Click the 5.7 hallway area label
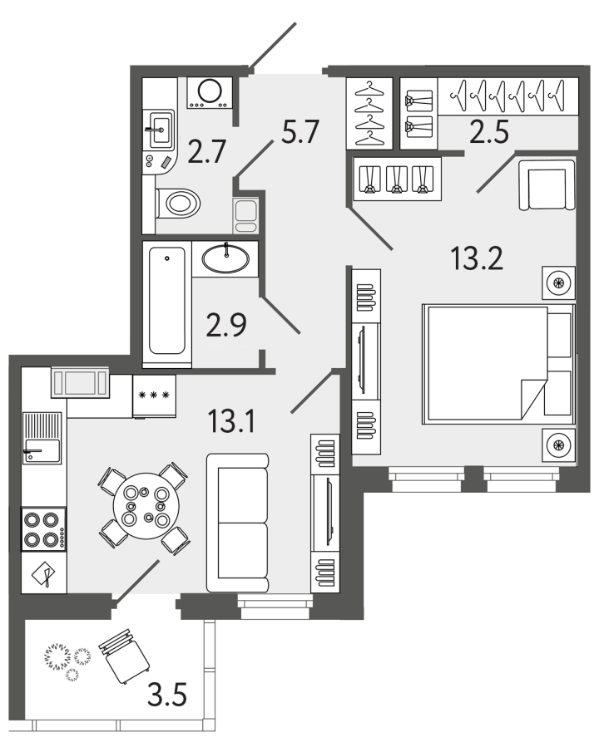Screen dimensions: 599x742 click(x=300, y=131)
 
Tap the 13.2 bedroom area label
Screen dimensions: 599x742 click(x=477, y=259)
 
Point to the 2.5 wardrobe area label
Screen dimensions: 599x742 click(x=489, y=131)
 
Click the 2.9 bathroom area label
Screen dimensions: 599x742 click(x=226, y=326)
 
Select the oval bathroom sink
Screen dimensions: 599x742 click(x=225, y=258)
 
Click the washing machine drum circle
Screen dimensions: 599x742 click(x=210, y=91)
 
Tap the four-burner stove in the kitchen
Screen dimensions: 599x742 click(x=43, y=529)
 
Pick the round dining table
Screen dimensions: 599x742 click(x=146, y=505)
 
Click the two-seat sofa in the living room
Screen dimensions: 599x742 click(x=237, y=523)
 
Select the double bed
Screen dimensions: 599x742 click(x=498, y=364)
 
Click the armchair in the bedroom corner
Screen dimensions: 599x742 click(x=547, y=184)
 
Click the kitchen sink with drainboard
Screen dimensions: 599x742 click(x=42, y=438)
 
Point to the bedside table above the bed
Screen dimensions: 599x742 click(x=558, y=283)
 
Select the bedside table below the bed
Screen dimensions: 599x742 click(x=558, y=445)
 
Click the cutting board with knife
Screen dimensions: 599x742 click(x=43, y=573)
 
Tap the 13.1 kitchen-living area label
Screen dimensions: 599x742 click(x=231, y=421)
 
